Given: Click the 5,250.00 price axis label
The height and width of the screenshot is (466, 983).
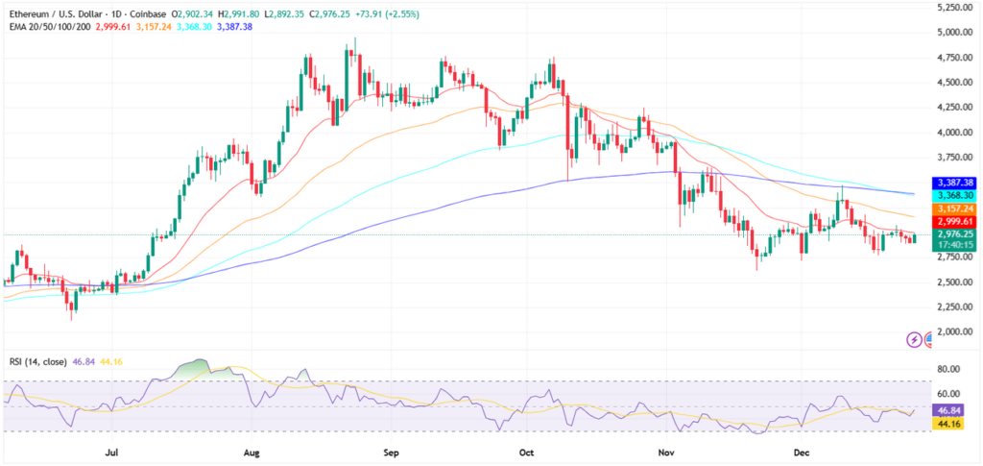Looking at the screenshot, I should point(955,7).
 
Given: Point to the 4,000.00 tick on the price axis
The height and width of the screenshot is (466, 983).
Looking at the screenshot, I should point(955,133).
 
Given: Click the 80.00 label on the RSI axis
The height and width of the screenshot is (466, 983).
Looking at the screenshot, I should point(950,369).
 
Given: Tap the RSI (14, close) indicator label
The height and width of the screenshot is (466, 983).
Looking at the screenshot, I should point(38,363).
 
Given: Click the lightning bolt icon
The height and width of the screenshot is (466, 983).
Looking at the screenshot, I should point(914,339).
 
